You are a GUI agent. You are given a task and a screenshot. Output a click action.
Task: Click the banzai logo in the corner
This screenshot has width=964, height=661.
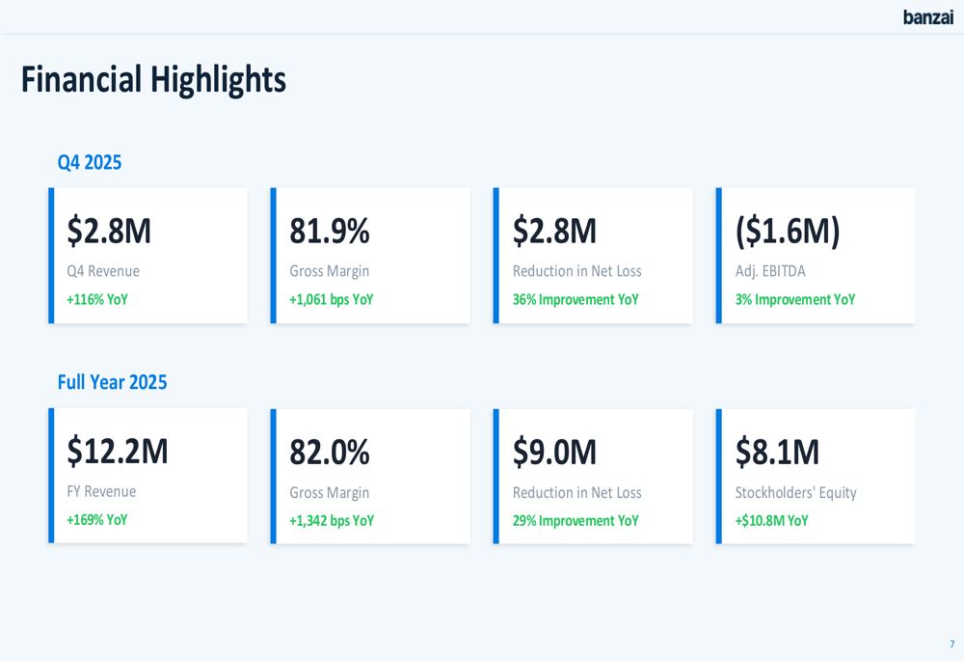click(x=927, y=17)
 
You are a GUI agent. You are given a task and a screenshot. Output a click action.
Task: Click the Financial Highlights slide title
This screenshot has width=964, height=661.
click(x=153, y=79)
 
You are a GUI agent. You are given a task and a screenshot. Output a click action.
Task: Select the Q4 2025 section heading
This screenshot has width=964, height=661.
click(x=90, y=162)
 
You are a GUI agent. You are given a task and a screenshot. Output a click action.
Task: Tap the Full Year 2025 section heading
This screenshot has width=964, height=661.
click(x=112, y=382)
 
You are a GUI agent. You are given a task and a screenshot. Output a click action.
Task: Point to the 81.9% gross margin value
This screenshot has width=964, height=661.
click(x=330, y=232)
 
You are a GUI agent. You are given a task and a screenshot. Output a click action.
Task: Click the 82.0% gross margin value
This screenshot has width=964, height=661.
click(x=330, y=452)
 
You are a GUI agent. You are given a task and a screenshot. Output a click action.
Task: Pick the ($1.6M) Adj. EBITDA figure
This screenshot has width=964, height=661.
click(x=788, y=232)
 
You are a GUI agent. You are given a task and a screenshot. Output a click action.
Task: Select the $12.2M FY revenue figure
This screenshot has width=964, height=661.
click(x=118, y=452)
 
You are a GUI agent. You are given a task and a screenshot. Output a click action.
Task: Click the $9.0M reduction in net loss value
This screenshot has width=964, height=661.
click(x=554, y=452)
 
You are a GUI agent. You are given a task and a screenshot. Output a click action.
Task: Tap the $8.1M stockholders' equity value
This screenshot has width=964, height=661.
click(x=777, y=452)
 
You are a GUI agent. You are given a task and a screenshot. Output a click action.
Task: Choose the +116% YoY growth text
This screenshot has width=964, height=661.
click(x=97, y=299)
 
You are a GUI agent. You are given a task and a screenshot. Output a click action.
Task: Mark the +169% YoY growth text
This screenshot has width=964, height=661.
click(x=97, y=520)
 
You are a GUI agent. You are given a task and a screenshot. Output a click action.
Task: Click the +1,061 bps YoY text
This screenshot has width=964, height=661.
click(x=332, y=299)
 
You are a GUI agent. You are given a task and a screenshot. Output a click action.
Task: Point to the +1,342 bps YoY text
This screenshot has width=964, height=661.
click(x=332, y=521)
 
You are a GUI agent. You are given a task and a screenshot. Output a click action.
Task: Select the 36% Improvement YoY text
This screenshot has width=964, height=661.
click(x=576, y=299)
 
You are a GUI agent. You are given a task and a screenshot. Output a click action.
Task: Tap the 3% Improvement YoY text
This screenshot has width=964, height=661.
click(x=795, y=299)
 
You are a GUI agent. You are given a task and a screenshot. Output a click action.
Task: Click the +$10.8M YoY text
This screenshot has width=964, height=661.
click(x=772, y=521)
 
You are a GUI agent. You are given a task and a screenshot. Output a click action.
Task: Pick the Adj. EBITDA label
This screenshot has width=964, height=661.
click(x=770, y=271)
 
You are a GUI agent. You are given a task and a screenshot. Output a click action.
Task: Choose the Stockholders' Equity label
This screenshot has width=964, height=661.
click(x=795, y=492)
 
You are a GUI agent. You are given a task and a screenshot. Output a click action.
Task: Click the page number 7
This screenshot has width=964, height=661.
click(x=951, y=644)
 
